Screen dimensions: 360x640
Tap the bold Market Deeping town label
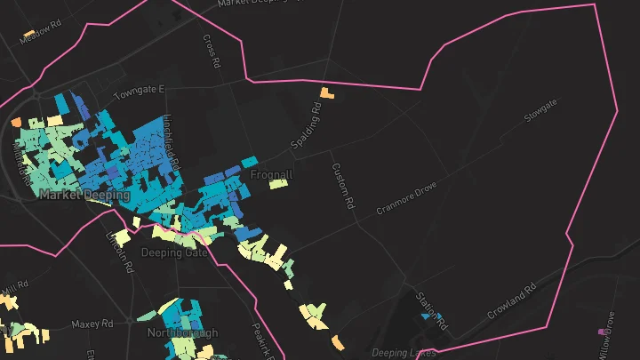pos(84,195)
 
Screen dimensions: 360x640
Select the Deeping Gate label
pos(175,252)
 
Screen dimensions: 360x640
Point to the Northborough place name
pos(182,333)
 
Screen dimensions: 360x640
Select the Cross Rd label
pos(210,52)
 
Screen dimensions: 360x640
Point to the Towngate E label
pos(140,92)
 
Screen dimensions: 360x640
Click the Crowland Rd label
pos(513,303)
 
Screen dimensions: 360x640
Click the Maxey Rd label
pos(92,324)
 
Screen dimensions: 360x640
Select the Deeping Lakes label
pos(404,353)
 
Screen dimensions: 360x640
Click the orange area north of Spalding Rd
pos(327,92)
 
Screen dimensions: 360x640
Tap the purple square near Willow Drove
pos(604,332)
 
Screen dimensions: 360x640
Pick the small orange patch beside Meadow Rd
pos(28,34)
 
